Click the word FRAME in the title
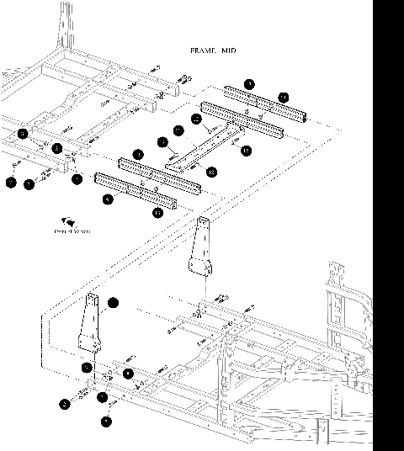pos(203,51)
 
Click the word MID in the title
pos(228,51)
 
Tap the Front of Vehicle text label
pos(72,231)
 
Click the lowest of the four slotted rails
pos(136,191)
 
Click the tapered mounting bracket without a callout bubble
pos(199,252)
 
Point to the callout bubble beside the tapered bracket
pos(113,301)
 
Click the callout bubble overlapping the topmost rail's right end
pos(283,98)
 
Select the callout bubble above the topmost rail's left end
pos(249,84)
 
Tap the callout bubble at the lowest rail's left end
pos(107,199)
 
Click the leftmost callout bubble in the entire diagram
pos(11,182)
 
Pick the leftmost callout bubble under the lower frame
pos(65,404)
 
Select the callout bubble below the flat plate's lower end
pos(210,172)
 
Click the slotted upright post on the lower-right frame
pos(337,294)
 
